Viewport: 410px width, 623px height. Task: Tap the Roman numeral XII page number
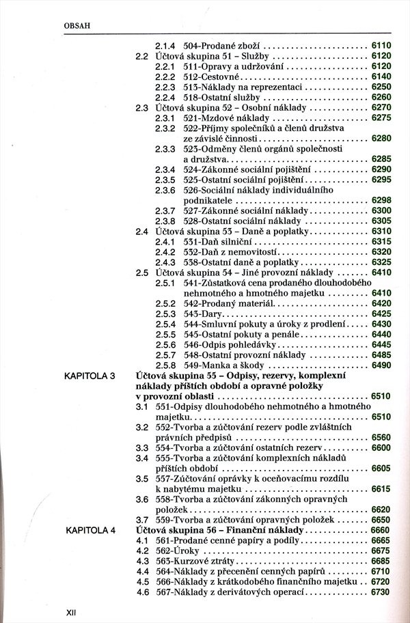click(x=70, y=612)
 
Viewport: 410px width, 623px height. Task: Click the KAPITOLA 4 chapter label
click(x=90, y=529)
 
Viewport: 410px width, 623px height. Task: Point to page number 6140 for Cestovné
click(x=381, y=77)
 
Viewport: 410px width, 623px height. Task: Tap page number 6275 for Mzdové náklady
click(x=381, y=118)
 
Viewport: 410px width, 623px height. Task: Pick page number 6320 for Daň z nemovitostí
click(x=381, y=252)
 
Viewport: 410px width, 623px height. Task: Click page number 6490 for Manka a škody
click(x=381, y=365)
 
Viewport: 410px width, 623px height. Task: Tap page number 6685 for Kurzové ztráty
click(x=381, y=561)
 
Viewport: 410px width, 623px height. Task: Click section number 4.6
click(x=142, y=592)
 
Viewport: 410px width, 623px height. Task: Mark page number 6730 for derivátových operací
click(x=381, y=592)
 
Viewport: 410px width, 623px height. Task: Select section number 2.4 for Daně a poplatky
click(x=142, y=232)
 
